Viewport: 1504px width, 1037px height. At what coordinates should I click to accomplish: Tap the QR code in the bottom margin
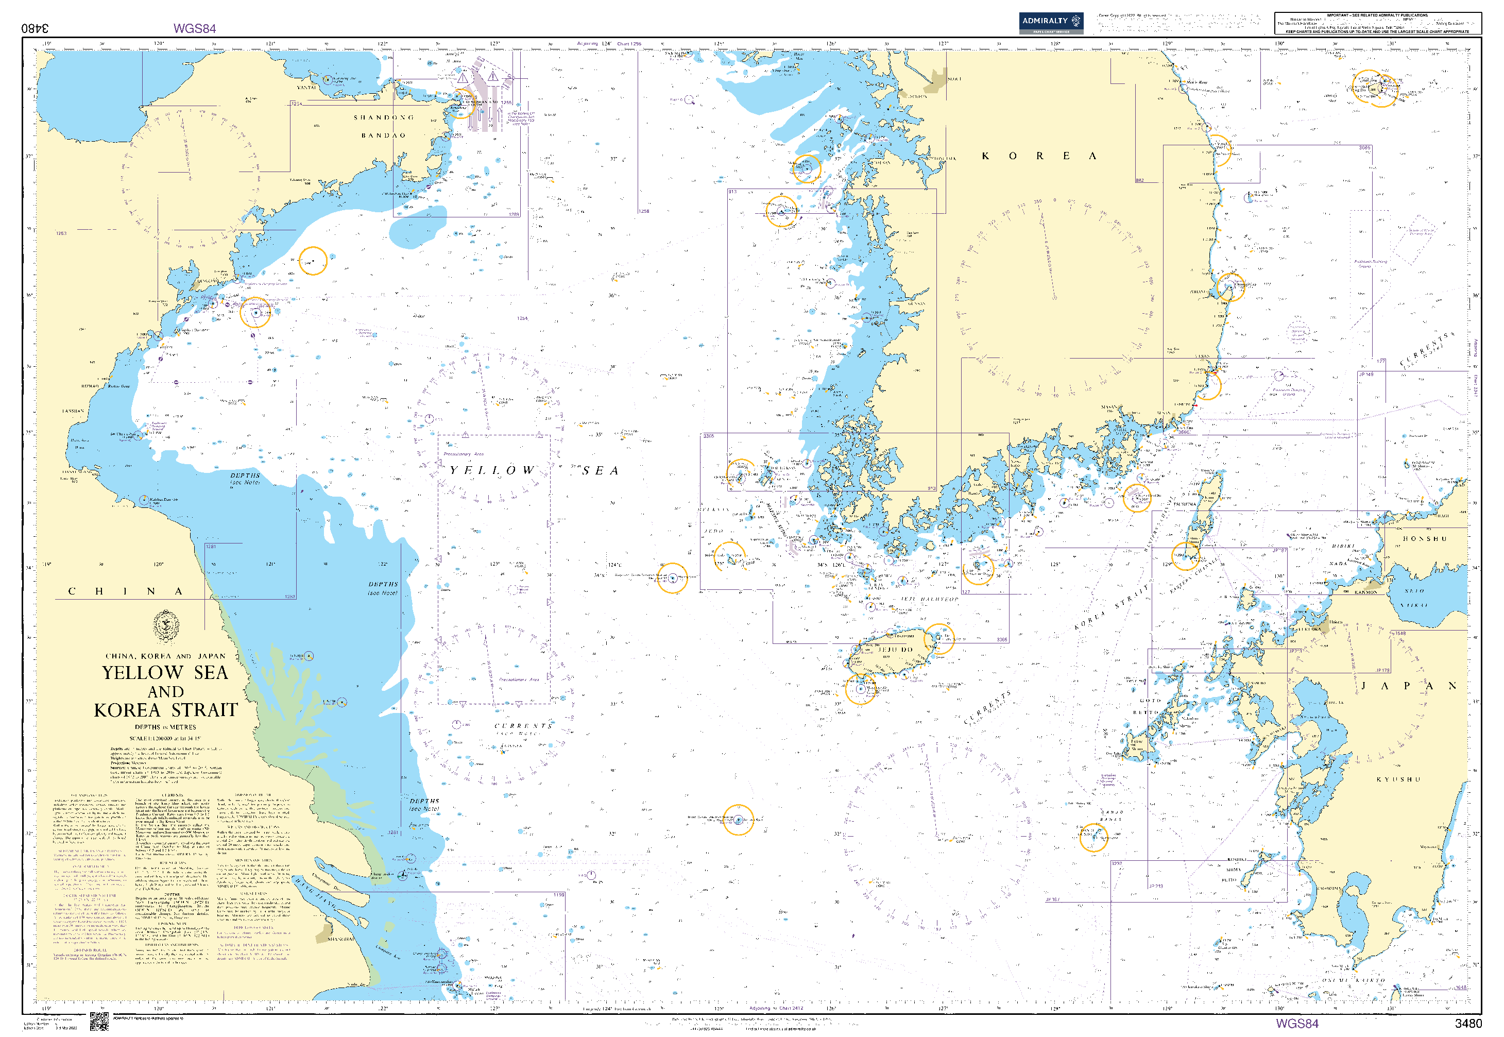(99, 1022)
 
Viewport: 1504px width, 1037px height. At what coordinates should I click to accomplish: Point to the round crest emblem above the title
(166, 625)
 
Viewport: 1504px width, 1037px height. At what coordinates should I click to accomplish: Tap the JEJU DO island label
(895, 650)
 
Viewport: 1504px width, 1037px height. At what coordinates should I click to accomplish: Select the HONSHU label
(1424, 539)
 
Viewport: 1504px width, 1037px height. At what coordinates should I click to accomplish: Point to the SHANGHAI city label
(341, 939)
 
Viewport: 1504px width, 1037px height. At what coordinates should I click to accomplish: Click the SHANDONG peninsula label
(383, 117)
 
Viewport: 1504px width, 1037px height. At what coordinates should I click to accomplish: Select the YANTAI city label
(306, 87)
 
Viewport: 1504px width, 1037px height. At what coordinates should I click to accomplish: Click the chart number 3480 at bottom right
(1467, 1024)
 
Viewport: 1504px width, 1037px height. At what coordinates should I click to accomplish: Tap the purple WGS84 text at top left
(194, 28)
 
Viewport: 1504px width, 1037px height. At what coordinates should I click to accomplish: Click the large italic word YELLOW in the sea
(492, 470)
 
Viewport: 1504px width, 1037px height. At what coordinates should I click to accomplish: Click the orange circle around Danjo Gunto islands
(1093, 838)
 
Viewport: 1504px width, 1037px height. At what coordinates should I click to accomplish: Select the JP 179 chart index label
(1382, 671)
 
